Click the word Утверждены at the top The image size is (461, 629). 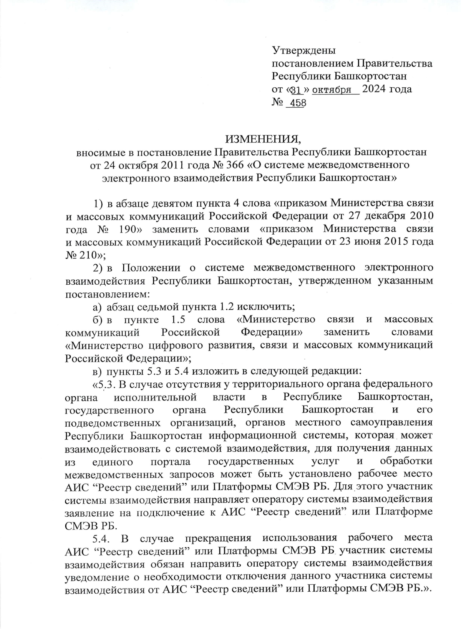303,50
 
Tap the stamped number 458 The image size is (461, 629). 298,103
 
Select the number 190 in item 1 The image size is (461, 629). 128,229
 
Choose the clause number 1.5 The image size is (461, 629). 177,319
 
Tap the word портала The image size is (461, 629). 170,461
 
